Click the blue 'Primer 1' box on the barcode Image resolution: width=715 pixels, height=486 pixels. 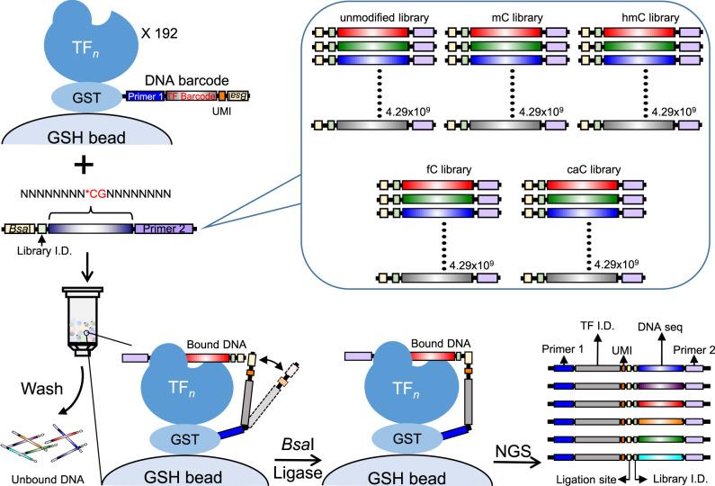click(146, 96)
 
